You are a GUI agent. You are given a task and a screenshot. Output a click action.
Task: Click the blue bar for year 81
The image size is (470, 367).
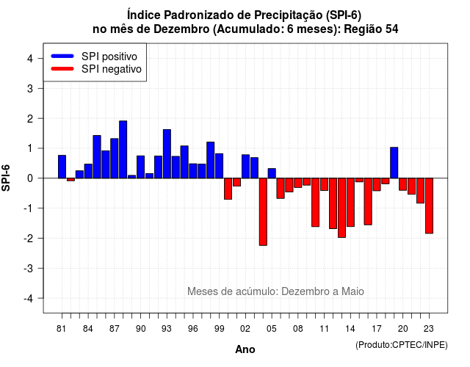click(62, 167)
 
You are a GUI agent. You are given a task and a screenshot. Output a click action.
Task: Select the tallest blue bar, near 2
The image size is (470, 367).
click(123, 150)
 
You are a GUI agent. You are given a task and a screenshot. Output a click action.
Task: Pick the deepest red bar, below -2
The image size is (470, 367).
click(263, 212)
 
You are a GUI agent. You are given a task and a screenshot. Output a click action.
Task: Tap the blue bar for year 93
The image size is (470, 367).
click(167, 154)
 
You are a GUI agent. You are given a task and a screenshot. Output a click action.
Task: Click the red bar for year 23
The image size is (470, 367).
click(429, 206)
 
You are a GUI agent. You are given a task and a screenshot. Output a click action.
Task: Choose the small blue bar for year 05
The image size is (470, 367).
click(272, 173)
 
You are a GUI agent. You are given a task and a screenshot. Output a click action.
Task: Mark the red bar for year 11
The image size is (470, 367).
click(325, 184)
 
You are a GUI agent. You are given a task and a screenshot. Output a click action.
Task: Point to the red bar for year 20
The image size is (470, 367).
click(403, 184)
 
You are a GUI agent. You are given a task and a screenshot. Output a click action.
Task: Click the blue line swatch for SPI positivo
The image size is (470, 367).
click(62, 56)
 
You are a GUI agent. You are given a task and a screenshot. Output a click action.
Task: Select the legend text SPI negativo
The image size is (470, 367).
click(112, 69)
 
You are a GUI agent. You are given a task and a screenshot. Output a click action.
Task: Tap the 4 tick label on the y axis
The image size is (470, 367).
click(30, 59)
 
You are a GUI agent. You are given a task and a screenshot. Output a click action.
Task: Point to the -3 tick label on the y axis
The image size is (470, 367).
click(28, 268)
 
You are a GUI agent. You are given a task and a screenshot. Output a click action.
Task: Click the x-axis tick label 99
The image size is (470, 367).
click(220, 329)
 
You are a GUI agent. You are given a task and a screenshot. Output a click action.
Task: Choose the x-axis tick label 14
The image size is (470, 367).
click(350, 329)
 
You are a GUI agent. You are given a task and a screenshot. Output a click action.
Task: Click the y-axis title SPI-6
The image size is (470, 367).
click(6, 178)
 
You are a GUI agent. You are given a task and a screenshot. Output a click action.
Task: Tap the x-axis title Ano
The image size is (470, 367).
click(245, 349)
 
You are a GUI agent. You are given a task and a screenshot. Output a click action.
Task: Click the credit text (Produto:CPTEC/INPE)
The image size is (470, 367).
click(402, 345)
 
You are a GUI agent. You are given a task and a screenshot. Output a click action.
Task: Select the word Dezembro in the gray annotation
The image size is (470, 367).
click(305, 291)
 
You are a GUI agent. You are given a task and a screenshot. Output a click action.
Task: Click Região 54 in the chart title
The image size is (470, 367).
click(371, 29)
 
